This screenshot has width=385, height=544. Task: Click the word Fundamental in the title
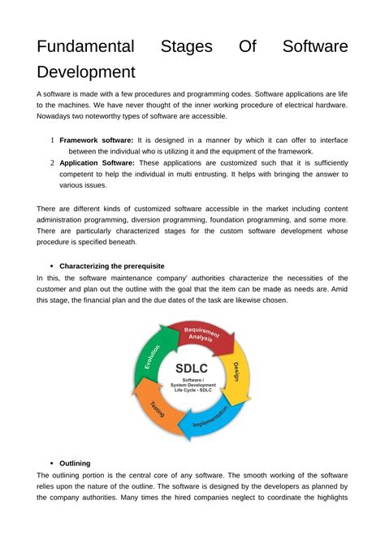coord(93,48)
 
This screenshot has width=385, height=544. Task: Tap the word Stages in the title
coord(188,48)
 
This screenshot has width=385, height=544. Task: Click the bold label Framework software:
coord(97,140)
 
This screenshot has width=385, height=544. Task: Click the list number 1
coord(52,140)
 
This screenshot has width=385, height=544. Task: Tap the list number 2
coord(52,162)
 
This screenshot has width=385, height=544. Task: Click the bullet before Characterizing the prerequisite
coord(51,266)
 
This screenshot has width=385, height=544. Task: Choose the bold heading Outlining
coord(75,464)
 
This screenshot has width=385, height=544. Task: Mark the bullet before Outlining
coord(51,464)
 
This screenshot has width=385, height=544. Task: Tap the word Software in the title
coord(315,48)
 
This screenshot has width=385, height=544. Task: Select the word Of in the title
coord(247,48)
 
